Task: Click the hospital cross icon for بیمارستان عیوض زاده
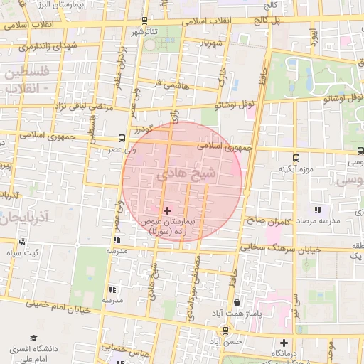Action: [168, 210]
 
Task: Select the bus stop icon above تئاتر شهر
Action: [145, 21]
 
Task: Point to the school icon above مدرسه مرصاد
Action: [317, 210]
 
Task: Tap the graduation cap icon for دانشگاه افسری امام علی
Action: [32, 340]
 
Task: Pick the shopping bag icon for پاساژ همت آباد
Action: [245, 303]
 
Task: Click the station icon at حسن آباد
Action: [225, 330]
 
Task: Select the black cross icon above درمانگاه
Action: [284, 343]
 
